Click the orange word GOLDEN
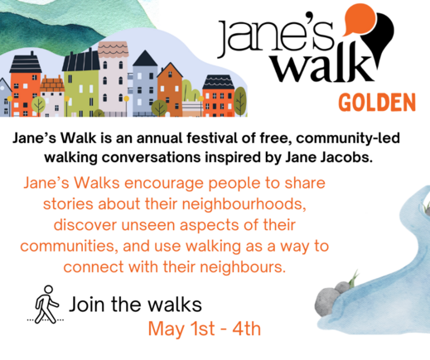(377, 103)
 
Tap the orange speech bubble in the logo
(360, 19)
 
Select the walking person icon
(47, 305)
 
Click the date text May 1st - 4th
(205, 329)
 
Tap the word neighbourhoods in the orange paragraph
(244, 204)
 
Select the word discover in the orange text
(85, 225)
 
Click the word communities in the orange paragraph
(70, 247)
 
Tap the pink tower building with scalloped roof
(114, 79)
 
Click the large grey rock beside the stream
(327, 302)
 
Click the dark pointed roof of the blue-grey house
(145, 58)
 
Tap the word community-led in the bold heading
(348, 138)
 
